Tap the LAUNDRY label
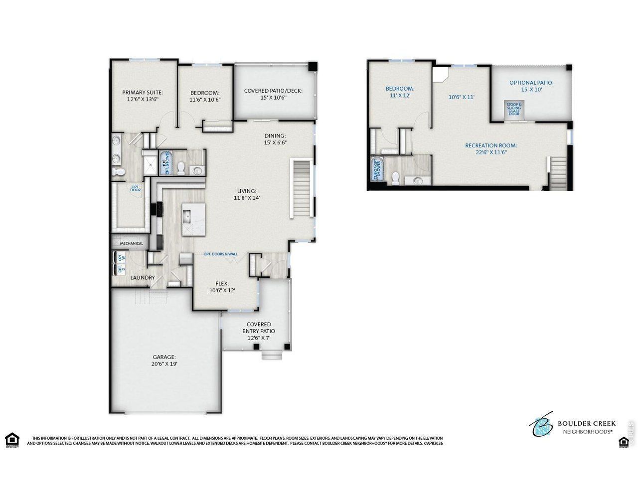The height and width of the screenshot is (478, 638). click(x=143, y=278)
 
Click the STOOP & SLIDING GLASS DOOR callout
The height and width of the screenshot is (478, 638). click(x=513, y=110)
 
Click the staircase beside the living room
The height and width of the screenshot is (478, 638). click(x=301, y=189)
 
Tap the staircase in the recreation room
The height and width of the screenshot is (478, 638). click(x=558, y=173)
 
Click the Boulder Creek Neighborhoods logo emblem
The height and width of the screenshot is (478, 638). click(x=541, y=424)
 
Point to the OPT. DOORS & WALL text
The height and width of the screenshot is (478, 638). click(x=220, y=254)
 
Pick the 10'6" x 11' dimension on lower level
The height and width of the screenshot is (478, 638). click(x=461, y=98)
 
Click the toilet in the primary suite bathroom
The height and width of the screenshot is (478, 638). click(x=119, y=172)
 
